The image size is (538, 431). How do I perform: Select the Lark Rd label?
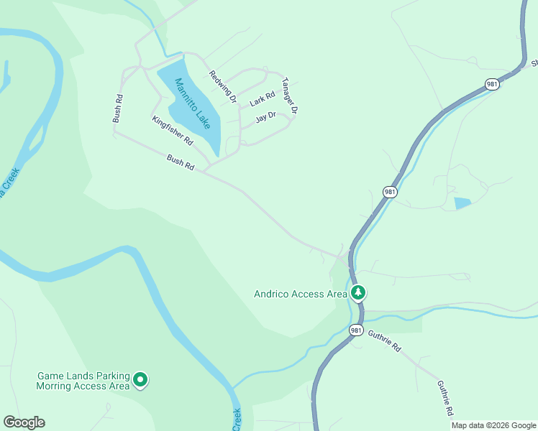[263, 99]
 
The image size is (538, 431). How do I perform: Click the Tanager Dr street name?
[289, 96]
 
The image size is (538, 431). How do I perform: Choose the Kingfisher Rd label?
[173, 131]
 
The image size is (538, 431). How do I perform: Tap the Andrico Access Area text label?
[300, 293]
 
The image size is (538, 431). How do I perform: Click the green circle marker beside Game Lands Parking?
[140, 379]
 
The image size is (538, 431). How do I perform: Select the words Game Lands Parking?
[83, 376]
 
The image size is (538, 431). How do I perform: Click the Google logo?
[24, 422]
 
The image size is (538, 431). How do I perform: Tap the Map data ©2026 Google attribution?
[493, 425]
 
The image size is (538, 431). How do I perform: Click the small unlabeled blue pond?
[462, 203]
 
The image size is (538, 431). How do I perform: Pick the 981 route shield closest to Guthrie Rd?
[356, 330]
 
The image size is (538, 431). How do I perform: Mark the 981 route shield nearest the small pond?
[389, 192]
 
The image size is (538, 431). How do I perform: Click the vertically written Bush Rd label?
[117, 108]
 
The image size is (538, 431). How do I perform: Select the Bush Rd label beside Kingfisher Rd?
[181, 162]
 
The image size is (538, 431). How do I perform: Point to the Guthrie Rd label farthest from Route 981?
[445, 397]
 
